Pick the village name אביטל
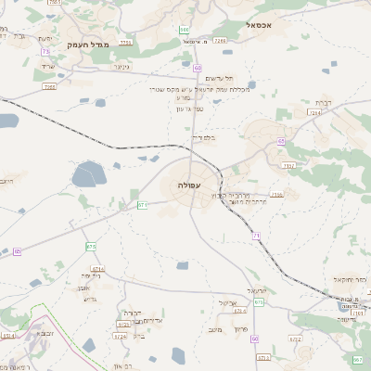(227, 302)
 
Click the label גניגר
(120, 67)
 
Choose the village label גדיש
(89, 299)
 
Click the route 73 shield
(45, 52)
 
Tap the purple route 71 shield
(256, 237)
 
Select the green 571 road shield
(143, 205)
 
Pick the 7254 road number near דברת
(314, 112)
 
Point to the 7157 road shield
(289, 165)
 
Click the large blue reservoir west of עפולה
(89, 174)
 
